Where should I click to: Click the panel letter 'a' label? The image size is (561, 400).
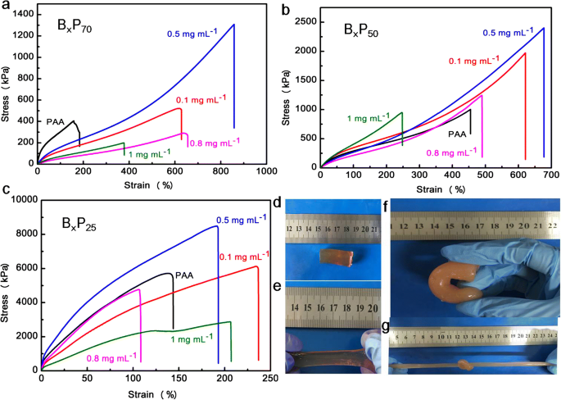tap(7, 7)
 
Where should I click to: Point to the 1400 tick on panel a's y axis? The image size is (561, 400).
tap(24, 15)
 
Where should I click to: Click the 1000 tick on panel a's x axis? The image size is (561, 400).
tap(266, 174)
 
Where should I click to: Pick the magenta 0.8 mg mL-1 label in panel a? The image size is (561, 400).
tap(214, 143)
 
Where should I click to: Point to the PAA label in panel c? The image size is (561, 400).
tap(186, 275)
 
